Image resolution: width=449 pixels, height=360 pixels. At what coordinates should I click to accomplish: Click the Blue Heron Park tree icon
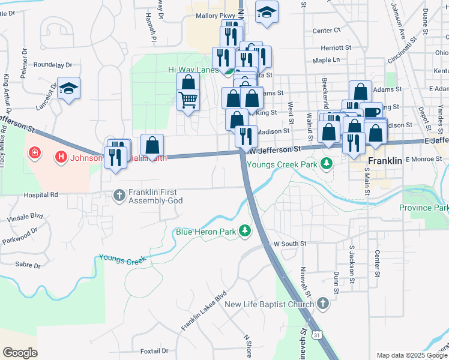point(245,230)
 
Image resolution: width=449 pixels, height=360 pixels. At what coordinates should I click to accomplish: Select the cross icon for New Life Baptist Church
point(323,304)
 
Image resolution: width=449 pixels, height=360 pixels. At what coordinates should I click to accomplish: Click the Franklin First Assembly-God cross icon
point(119,194)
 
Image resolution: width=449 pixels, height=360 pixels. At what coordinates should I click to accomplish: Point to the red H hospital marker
point(61,158)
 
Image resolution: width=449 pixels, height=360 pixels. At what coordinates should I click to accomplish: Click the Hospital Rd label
point(41,195)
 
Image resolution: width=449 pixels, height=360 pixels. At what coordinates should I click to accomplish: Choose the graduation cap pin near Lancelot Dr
point(69,89)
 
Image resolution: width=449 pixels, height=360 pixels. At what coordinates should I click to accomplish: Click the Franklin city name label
point(368,161)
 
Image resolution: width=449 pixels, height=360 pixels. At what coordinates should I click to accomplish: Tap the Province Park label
point(424,208)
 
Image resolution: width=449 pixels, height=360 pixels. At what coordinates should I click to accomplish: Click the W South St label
point(290,244)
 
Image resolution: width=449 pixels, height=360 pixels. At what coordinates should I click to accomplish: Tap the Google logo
point(20,352)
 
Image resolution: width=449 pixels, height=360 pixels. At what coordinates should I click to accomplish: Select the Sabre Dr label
point(28,264)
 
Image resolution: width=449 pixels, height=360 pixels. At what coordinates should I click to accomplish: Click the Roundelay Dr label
point(53,65)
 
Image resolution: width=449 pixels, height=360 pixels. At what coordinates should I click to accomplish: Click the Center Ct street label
point(327,30)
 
